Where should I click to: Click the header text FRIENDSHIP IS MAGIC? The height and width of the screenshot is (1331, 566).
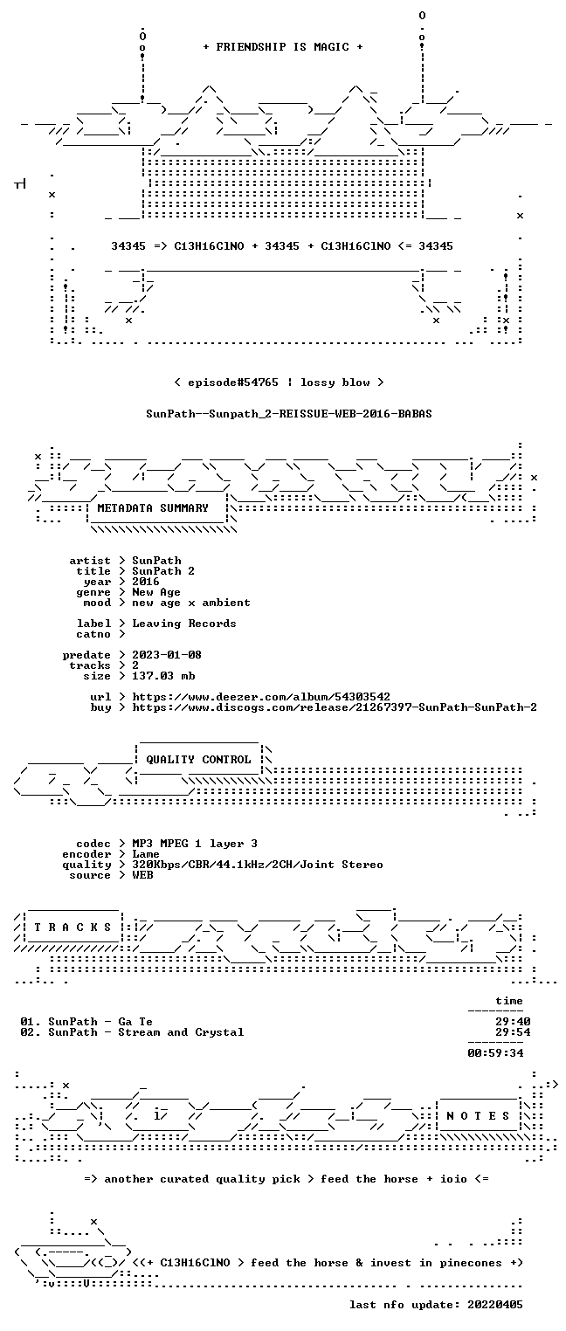(x=282, y=47)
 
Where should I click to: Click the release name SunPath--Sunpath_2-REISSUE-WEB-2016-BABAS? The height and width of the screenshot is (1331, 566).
(x=289, y=414)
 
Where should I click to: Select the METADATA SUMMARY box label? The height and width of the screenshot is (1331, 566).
(x=153, y=508)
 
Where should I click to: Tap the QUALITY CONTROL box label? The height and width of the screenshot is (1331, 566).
(x=198, y=759)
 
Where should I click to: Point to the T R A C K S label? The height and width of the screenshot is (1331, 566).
(x=73, y=927)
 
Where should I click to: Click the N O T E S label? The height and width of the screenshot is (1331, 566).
(x=478, y=1115)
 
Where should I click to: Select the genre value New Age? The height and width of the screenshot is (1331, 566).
(x=156, y=592)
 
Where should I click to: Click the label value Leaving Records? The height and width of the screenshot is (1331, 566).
(x=184, y=624)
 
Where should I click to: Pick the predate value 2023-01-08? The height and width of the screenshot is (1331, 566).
(x=167, y=655)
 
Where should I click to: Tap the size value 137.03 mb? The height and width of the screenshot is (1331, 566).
(x=163, y=676)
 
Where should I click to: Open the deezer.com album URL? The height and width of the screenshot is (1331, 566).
(x=261, y=696)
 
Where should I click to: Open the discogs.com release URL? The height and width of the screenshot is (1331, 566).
(x=335, y=707)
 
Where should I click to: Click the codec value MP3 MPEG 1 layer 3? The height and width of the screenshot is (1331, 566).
(x=195, y=844)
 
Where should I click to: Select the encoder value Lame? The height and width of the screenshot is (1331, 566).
(x=146, y=854)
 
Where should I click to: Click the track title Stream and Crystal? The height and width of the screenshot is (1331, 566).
(x=182, y=1032)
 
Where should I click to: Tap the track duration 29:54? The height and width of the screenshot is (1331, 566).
(x=513, y=1032)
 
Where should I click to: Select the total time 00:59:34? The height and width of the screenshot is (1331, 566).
(x=496, y=1053)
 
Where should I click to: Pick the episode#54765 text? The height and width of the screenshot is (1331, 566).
(x=233, y=382)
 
